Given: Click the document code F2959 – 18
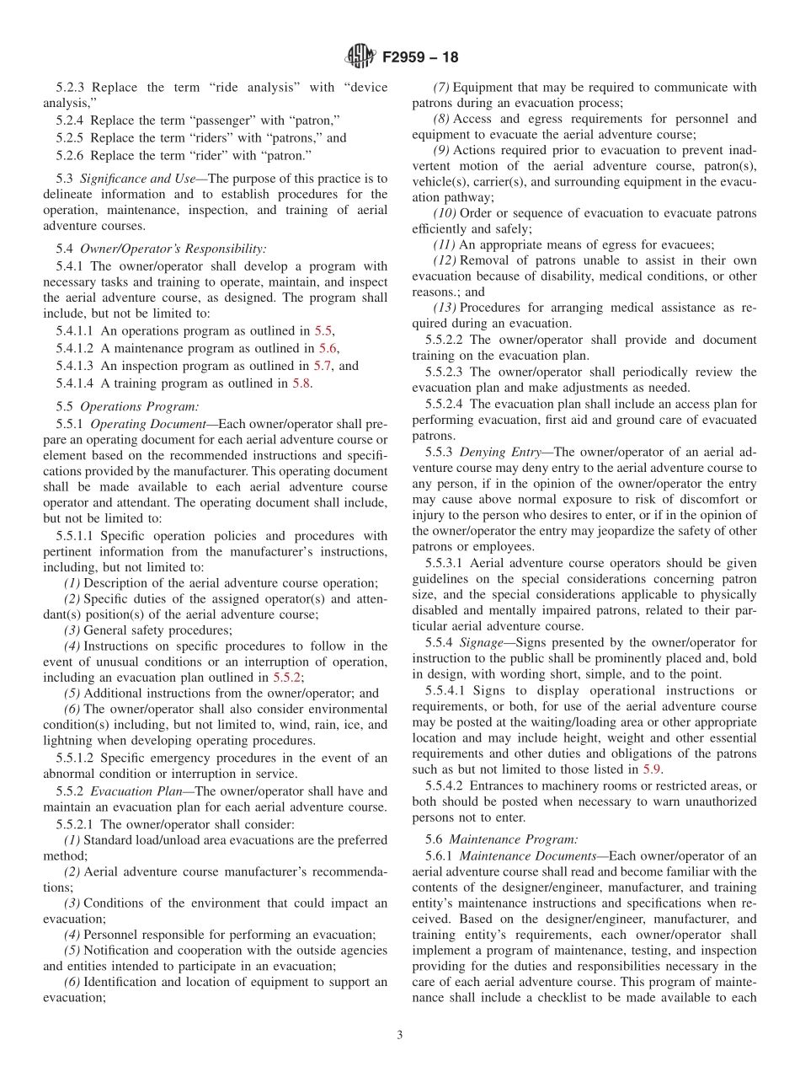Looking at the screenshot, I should click(x=420, y=58).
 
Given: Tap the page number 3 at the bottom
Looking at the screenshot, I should click(x=400, y=1036).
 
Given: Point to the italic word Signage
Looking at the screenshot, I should click(x=482, y=643).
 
